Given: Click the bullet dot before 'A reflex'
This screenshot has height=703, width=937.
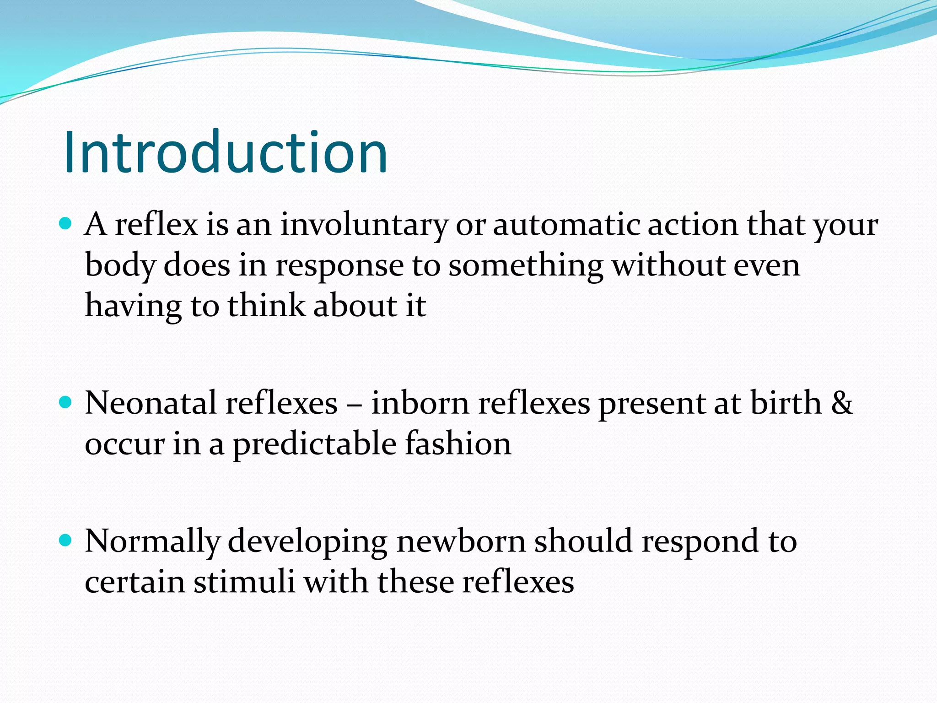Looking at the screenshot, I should pos(66,223).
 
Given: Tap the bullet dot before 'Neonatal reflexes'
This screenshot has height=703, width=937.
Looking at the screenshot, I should pos(66,402).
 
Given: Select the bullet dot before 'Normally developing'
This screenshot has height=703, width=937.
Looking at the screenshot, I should pos(66,541).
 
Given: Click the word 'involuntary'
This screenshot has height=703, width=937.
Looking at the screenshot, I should pos(364,225).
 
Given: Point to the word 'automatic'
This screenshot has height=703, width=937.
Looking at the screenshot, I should pos(566,225).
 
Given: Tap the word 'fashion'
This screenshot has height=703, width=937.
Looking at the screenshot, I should pos(458,444).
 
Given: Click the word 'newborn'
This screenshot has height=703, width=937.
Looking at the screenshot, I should pos(461,541).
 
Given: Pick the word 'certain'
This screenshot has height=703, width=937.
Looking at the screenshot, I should pos(135,582).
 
